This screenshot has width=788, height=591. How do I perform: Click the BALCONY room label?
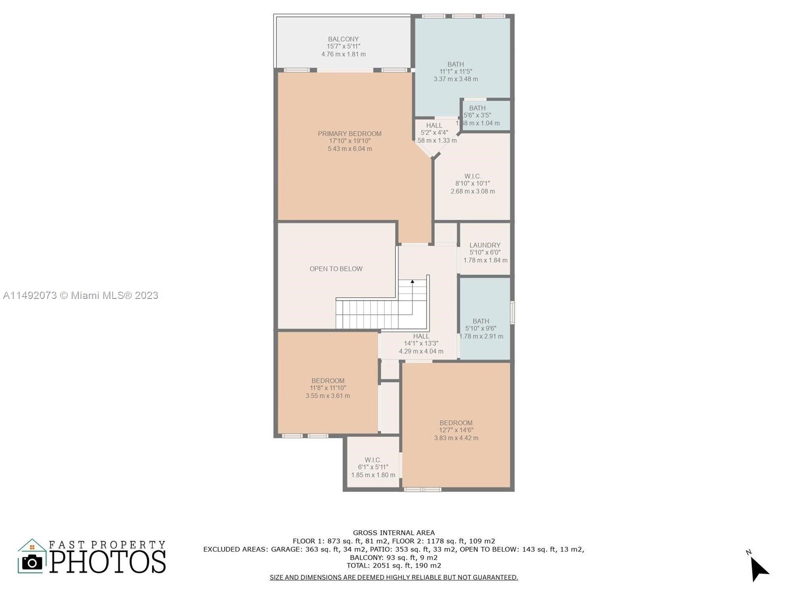pos(343,39)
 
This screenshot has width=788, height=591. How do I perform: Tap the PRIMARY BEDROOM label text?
pos(350,134)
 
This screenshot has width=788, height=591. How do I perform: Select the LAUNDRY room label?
pos(485,245)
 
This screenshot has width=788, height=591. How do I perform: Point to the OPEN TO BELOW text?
pos(336,269)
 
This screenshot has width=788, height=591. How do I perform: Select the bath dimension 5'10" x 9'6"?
pos(481,328)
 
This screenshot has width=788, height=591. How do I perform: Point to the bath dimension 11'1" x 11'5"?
pos(456,71)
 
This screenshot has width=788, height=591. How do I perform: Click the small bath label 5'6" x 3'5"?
pos(477,115)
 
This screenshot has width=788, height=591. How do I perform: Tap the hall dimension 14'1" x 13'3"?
pos(421,343)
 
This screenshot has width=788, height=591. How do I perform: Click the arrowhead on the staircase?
pos(413,282)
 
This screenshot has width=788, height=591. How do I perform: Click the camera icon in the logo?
pos(32,562)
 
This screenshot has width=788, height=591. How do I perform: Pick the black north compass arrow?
pos(759,568)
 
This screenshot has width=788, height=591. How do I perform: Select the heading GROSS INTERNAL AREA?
pos(394,533)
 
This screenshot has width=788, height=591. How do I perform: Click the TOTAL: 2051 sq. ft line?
pos(394,565)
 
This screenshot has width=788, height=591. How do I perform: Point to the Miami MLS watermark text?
pos(80,295)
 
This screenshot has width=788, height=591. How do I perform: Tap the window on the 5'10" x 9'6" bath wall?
pos(512,313)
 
